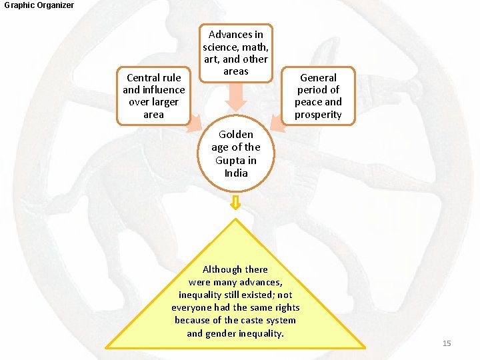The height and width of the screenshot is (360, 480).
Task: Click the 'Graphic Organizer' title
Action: pyautogui.click(x=39, y=5)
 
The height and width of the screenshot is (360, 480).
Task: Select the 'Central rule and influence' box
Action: pyautogui.click(x=153, y=95)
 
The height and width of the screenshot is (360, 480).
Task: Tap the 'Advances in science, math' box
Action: pyautogui.click(x=236, y=53)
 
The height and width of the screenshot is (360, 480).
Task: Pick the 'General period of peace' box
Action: pyautogui.click(x=319, y=95)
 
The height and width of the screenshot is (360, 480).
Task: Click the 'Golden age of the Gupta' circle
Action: pyautogui.click(x=236, y=154)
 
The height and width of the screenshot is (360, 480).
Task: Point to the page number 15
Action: pyautogui.click(x=447, y=343)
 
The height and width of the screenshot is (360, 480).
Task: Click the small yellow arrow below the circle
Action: pyautogui.click(x=235, y=204)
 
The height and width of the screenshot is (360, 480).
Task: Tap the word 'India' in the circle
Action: pyautogui.click(x=236, y=173)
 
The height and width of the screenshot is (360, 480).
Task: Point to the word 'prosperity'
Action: pyautogui.click(x=319, y=115)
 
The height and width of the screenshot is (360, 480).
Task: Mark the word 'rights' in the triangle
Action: pyautogui.click(x=285, y=307)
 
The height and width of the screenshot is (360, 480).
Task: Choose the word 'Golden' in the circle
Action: pyautogui.click(x=236, y=135)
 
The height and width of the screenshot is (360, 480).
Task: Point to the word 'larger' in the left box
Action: pyautogui.click(x=164, y=102)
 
